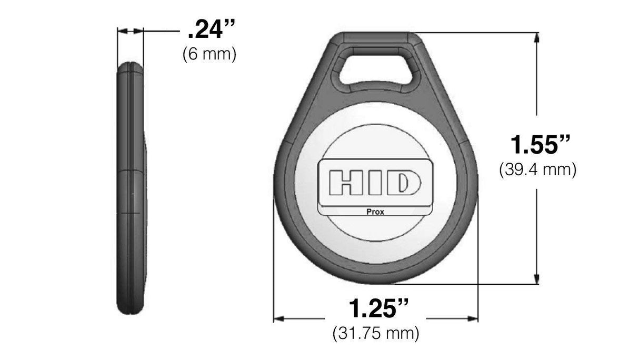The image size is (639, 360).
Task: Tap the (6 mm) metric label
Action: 209,54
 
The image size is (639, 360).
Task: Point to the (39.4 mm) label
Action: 537,169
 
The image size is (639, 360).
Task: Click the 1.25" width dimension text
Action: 379,308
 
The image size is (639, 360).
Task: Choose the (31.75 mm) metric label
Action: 376,333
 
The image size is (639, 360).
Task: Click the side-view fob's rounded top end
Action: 129,67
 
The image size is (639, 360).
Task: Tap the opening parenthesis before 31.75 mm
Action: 335,334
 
